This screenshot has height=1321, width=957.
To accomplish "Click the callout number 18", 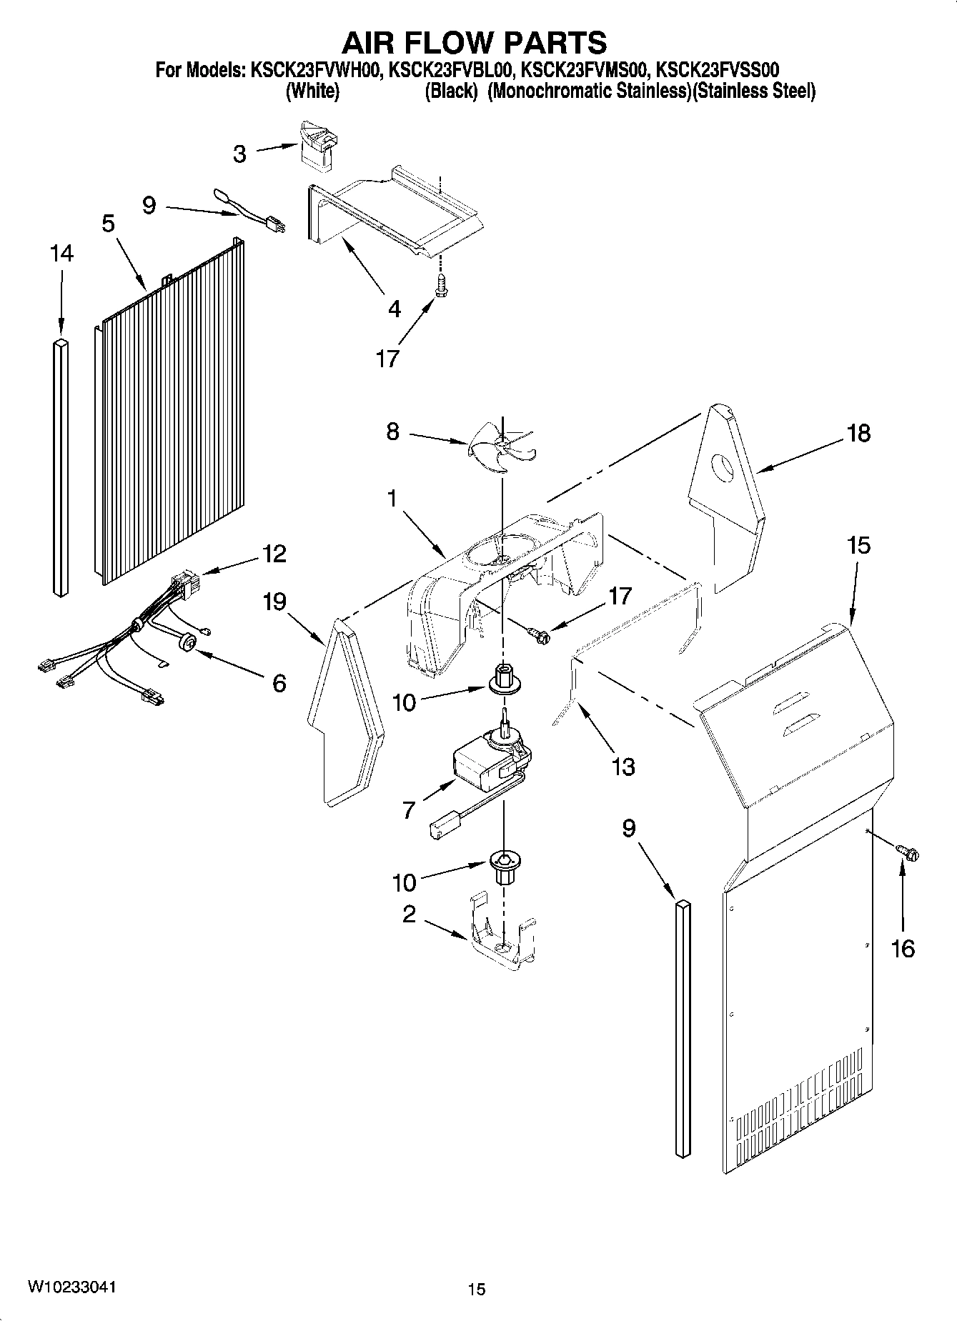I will pyautogui.click(x=858, y=433).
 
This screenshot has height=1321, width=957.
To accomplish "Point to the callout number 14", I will pyautogui.click(x=61, y=253).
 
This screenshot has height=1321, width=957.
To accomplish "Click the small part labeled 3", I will pyautogui.click(x=317, y=146).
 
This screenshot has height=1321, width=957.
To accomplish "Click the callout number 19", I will pyautogui.click(x=274, y=602).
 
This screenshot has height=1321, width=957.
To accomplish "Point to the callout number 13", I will pyautogui.click(x=623, y=767).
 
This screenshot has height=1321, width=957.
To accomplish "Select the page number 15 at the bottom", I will pyautogui.click(x=477, y=1289).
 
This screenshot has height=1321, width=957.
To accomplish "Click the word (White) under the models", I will pyautogui.click(x=312, y=91).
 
